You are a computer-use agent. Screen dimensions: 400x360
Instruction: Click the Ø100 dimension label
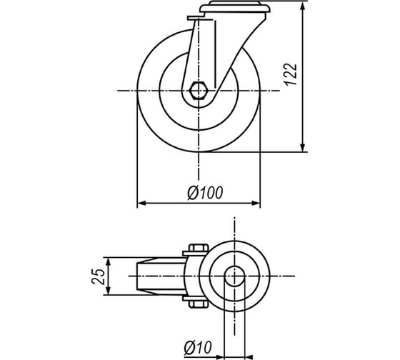[x=205, y=193]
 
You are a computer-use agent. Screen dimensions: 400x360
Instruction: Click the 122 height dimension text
[x=290, y=74]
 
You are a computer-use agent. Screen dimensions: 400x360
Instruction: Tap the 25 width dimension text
[x=99, y=276]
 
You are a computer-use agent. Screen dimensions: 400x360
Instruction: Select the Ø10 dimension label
[x=198, y=347]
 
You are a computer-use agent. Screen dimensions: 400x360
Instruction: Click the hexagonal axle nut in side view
[x=199, y=90]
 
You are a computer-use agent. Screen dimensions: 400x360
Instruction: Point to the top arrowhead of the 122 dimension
[x=303, y=7]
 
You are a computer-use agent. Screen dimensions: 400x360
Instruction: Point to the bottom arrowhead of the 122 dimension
[x=303, y=147]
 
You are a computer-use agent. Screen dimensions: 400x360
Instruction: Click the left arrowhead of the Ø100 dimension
[x=142, y=203]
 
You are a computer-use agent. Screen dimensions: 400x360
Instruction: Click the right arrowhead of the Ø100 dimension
[x=256, y=203]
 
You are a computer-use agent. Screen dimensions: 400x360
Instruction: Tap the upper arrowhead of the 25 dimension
[x=109, y=262]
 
